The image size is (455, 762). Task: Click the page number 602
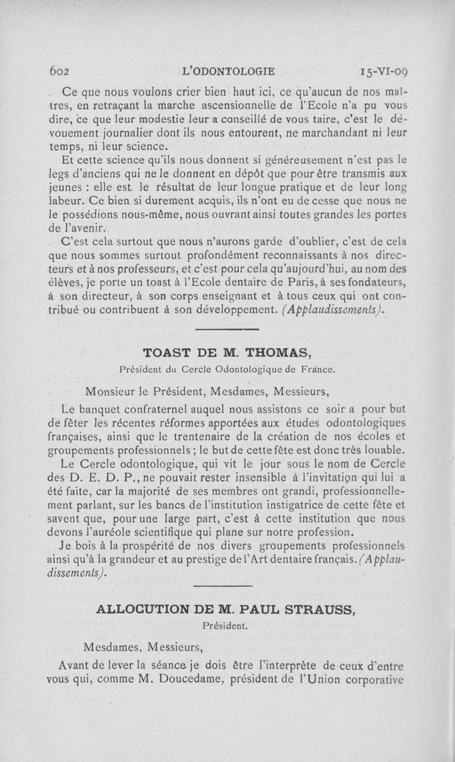pyautogui.click(x=59, y=72)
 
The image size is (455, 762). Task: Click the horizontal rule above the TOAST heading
pyautogui.click(x=227, y=330)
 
